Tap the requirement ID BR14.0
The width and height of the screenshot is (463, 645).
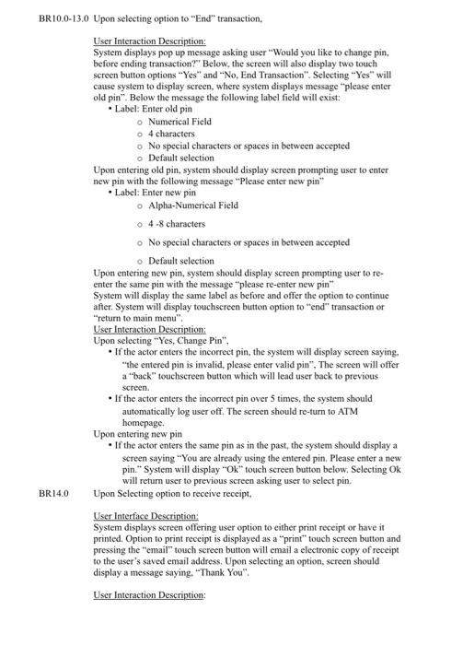click(x=54, y=493)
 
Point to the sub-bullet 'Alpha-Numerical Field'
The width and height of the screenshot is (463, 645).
click(x=188, y=206)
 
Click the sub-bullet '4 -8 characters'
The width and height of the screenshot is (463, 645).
click(x=177, y=224)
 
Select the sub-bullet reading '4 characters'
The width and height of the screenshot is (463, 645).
click(x=171, y=134)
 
